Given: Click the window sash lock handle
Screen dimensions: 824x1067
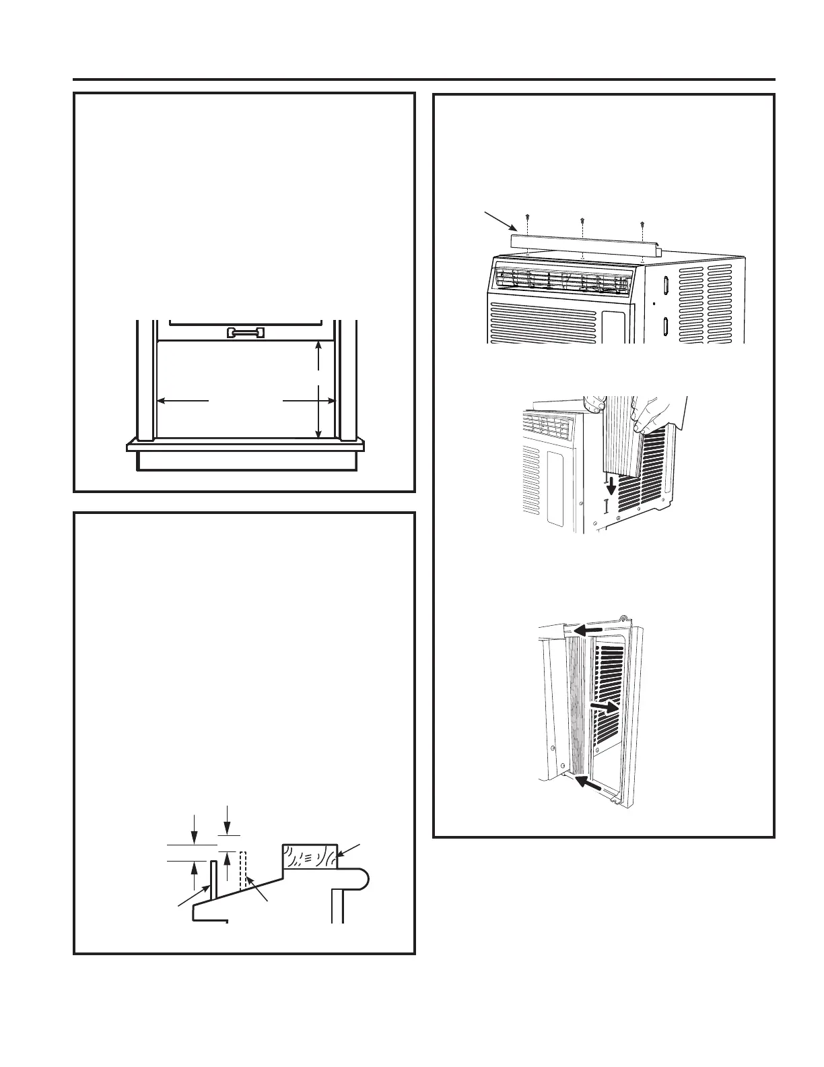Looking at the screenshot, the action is (x=246, y=332).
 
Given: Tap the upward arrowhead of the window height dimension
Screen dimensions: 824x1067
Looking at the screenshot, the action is (x=319, y=346).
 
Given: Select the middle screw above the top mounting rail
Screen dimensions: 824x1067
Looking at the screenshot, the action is (x=582, y=220).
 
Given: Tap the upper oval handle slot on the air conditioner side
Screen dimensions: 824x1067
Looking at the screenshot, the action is (x=665, y=285).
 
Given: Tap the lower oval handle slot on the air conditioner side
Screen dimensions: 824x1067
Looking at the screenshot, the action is (x=665, y=326).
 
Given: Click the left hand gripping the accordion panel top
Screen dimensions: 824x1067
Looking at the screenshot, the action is (x=593, y=405).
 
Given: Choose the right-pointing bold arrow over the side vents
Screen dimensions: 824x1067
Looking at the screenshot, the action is (x=605, y=707).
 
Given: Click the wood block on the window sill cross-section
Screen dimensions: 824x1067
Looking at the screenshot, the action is (x=309, y=855).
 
